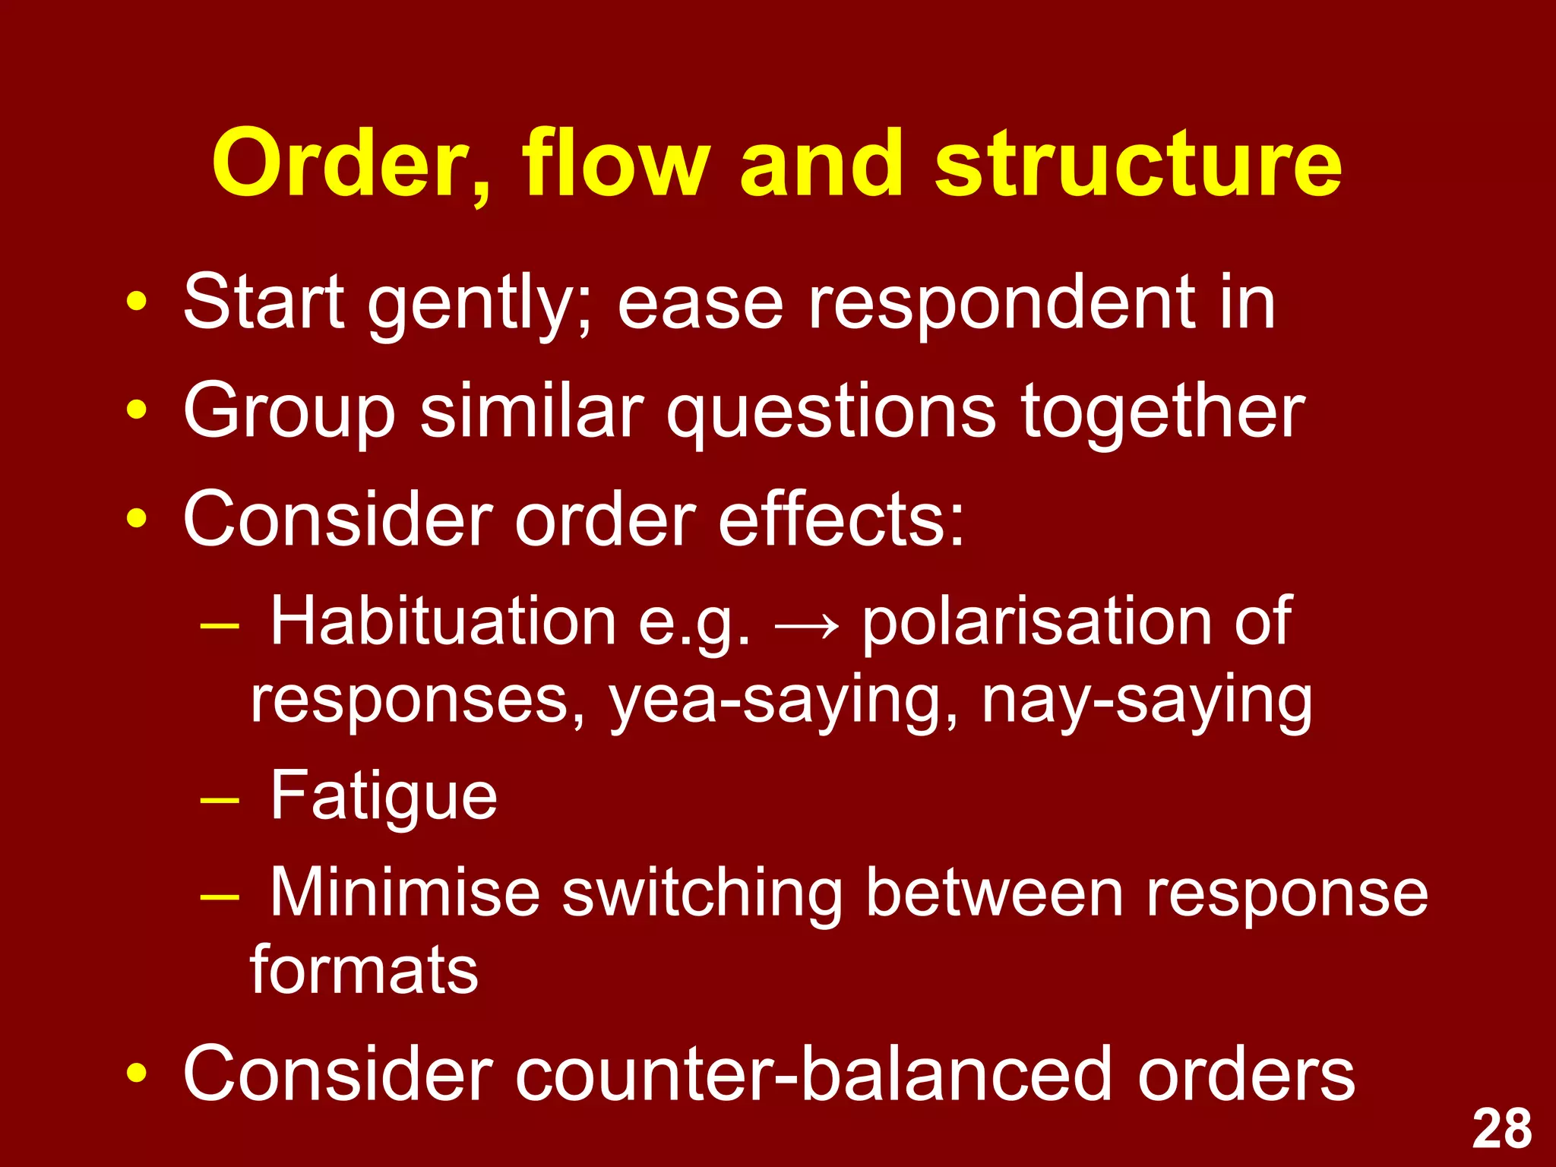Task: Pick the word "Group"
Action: click(289, 413)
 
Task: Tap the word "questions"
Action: click(831, 413)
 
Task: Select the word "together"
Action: click(1162, 413)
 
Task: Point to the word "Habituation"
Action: click(443, 621)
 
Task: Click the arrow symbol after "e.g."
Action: click(807, 626)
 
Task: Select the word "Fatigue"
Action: click(384, 796)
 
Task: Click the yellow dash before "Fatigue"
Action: click(220, 801)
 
